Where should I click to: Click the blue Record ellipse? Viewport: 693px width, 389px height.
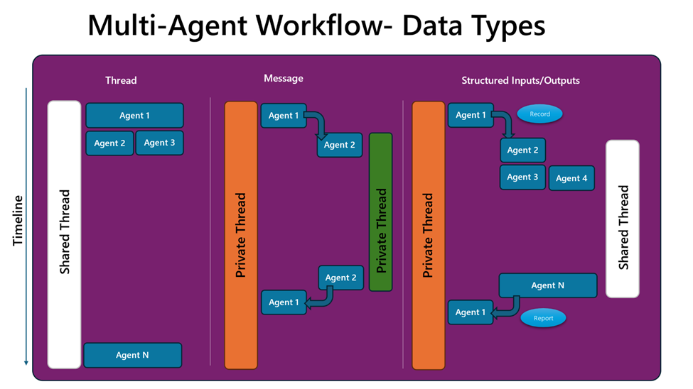click(539, 114)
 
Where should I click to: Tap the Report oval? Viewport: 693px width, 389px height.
click(543, 318)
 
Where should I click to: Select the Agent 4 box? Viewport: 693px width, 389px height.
click(571, 178)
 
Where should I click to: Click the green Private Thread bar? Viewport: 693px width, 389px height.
click(380, 212)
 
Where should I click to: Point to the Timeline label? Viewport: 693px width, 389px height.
click(17, 220)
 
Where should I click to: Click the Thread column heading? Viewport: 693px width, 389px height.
click(121, 80)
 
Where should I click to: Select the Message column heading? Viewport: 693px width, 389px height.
click(284, 78)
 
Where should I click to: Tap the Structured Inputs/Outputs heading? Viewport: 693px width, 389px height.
click(520, 80)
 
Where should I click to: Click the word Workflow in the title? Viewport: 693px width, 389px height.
click(324, 25)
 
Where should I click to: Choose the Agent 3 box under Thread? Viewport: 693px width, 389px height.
click(159, 143)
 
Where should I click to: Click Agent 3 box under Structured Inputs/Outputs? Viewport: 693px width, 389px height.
click(522, 177)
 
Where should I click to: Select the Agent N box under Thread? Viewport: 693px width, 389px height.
click(133, 355)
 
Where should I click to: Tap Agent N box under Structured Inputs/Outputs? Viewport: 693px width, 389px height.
click(548, 285)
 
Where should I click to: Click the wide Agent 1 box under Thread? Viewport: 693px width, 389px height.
click(134, 115)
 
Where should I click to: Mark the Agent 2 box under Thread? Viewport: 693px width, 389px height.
click(109, 143)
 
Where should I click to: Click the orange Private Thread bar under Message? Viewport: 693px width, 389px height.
click(241, 236)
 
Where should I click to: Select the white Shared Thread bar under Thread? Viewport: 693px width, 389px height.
click(65, 234)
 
